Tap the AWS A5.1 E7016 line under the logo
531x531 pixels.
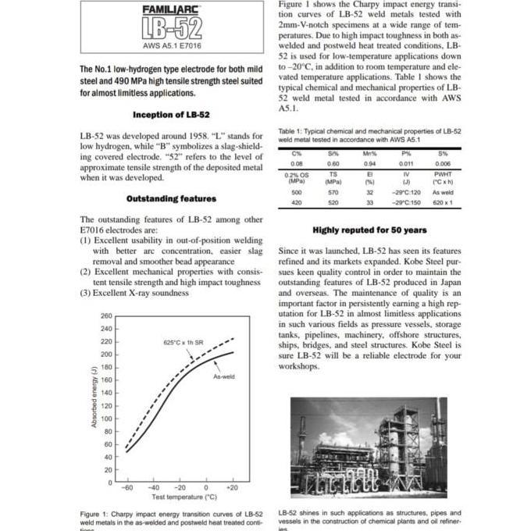[172, 46]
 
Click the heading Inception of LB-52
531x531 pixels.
[171, 115]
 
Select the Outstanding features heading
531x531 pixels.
[171, 199]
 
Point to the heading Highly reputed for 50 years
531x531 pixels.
[369, 230]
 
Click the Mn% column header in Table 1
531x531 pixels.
[370, 153]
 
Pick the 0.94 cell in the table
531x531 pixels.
[370, 164]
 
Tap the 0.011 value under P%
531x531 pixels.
[406, 164]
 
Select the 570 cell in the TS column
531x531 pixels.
[333, 192]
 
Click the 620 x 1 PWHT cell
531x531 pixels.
[443, 203]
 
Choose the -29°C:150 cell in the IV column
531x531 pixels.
[406, 203]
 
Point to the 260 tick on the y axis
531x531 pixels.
[107, 316]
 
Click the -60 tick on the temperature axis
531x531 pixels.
[127, 487]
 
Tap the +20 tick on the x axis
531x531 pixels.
[231, 487]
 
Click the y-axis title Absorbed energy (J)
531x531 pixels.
[94, 396]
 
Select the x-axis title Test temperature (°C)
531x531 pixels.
[179, 497]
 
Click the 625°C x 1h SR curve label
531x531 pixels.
[184, 343]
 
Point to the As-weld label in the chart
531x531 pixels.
[224, 376]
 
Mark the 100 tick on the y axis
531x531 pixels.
[107, 419]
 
